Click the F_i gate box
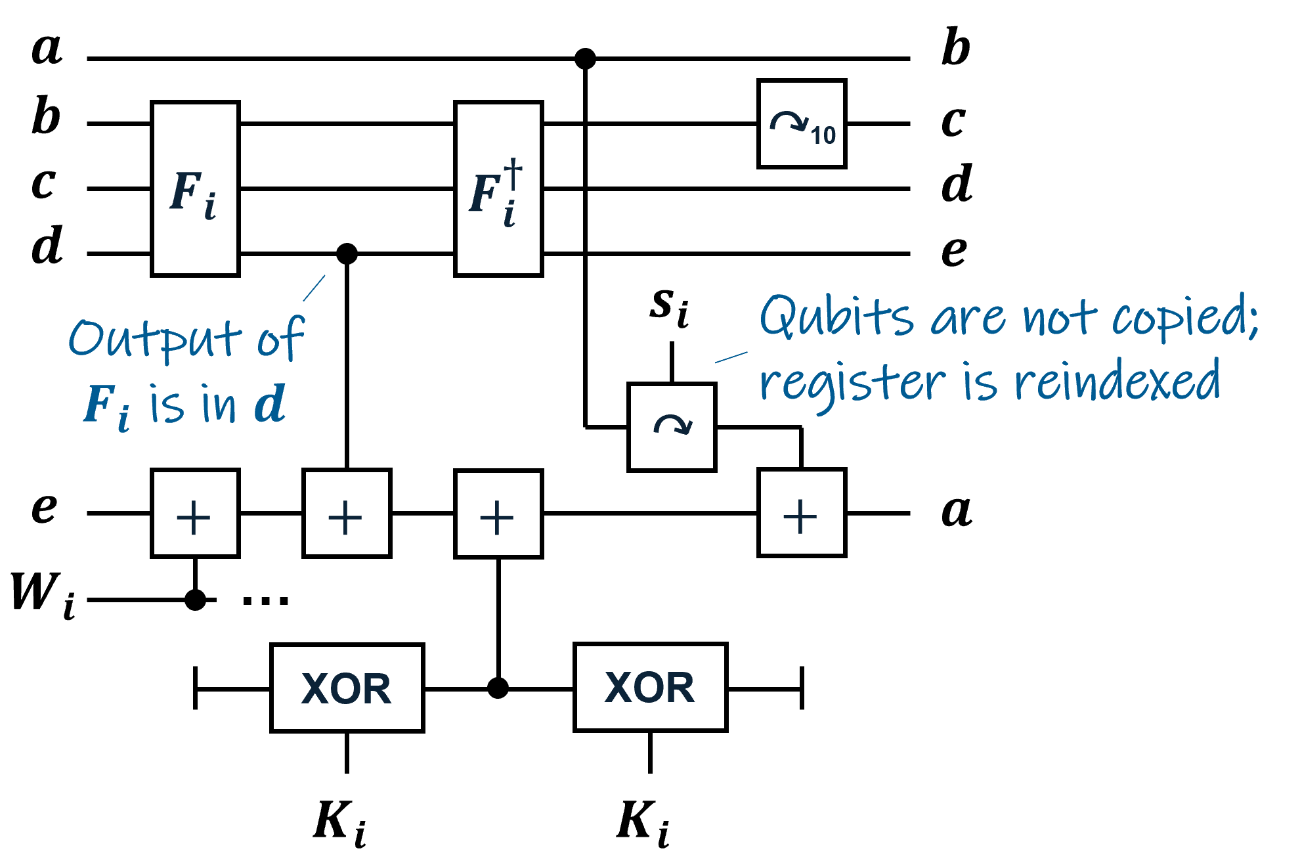pos(195,188)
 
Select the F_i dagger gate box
pos(498,188)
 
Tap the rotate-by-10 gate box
pos(802,124)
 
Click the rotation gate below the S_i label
pos(672,427)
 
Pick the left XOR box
pos(347,688)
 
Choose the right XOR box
pos(650,687)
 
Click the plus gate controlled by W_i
pos(195,513)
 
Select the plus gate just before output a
pos(802,513)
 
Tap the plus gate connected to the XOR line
pos(498,514)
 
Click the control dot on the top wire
pos(585,58)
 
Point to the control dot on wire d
pos(347,253)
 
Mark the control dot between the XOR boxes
pos(498,688)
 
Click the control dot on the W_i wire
pos(195,600)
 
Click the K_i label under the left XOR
pos(340,822)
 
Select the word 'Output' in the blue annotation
pos(155,338)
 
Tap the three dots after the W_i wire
pos(265,600)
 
